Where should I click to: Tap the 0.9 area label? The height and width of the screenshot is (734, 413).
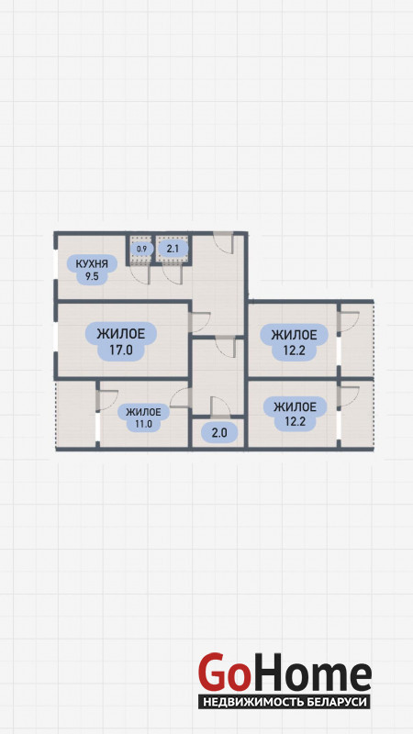coord(142,249)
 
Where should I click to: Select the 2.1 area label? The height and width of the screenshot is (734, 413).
coord(173,249)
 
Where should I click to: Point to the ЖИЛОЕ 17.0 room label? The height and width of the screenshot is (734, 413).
coord(121,341)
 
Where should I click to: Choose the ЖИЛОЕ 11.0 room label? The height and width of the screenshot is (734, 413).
coord(144,417)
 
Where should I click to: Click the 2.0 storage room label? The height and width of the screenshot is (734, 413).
coord(218,433)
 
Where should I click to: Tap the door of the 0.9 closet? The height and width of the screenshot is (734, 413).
coord(140,274)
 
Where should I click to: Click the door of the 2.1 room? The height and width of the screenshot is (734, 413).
coord(172,274)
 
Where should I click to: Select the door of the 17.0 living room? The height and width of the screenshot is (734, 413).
coord(200,322)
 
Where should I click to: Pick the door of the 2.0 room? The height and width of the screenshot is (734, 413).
coord(220,406)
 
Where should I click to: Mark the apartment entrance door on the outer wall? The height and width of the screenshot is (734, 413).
coord(223,242)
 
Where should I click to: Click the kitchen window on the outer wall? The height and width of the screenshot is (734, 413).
coord(56,266)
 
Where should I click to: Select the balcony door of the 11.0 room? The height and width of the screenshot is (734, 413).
coord(106,400)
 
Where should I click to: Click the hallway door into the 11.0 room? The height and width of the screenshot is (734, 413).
coord(181,397)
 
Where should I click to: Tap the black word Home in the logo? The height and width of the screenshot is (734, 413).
coord(309,673)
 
